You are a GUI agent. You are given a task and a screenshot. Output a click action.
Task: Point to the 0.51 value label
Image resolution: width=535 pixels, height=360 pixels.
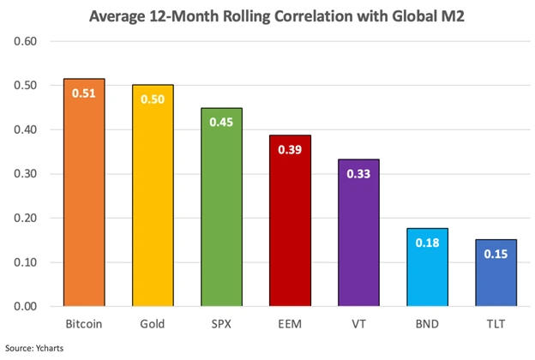coord(83,93)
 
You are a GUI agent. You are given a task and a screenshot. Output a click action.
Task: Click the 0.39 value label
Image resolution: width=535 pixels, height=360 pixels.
coord(290,148)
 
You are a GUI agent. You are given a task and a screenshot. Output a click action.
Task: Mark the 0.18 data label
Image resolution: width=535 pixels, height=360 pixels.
coord(427,243)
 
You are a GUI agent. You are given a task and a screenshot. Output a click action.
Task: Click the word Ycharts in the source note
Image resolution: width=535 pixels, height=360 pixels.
coord(48,348)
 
